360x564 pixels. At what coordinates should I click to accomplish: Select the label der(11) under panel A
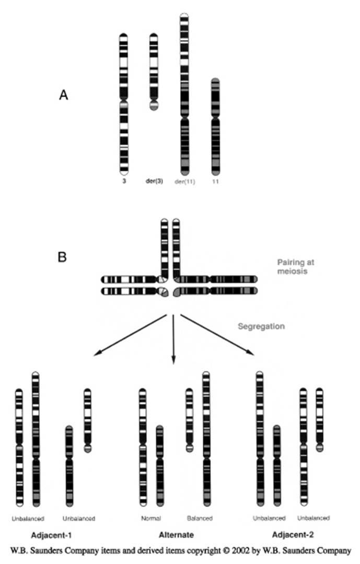pyautogui.click(x=184, y=182)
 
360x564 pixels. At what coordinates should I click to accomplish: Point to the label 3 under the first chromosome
pyautogui.click(x=124, y=182)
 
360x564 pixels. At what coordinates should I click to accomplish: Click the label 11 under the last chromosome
pyautogui.click(x=215, y=182)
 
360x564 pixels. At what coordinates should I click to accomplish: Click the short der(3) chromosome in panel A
pyautogui.click(x=154, y=71)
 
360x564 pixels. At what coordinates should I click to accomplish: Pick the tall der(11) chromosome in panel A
pyautogui.click(x=184, y=94)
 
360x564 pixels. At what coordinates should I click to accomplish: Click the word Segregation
pyautogui.click(x=261, y=326)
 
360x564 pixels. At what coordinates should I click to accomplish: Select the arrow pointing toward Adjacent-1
pyautogui.click(x=131, y=335)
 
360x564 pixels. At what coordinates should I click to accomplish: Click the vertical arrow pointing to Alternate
pyautogui.click(x=173, y=339)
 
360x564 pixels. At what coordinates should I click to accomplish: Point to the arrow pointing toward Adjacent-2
pyautogui.click(x=216, y=335)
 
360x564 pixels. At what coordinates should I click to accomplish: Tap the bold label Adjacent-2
pyautogui.click(x=293, y=535)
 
